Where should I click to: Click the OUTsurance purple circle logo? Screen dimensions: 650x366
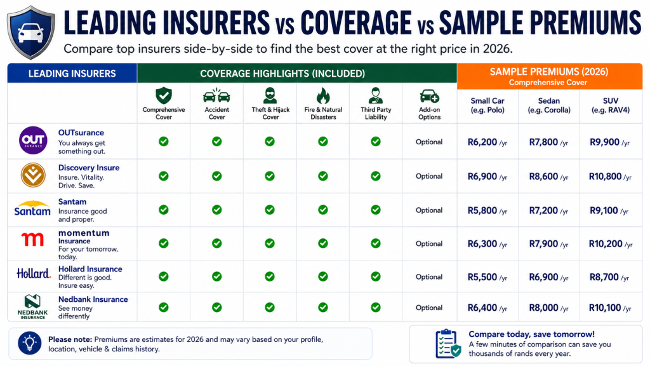(33, 140)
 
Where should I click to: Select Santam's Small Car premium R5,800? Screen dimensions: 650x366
(482, 210)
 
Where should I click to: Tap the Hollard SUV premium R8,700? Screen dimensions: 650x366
(604, 277)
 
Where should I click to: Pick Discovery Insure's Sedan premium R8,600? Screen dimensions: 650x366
(543, 177)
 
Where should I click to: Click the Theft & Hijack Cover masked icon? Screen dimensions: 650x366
(270, 95)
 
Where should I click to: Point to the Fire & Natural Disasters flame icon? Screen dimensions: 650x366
(323, 95)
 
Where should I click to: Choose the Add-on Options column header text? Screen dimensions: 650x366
(430, 113)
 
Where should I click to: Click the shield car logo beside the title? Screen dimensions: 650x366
(31, 32)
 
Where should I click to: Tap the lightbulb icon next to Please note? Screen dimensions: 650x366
(29, 343)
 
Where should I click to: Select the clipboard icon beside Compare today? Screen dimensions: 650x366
(448, 344)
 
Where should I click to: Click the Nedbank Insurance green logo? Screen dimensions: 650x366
(33, 307)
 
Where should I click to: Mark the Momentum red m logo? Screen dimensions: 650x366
(32, 239)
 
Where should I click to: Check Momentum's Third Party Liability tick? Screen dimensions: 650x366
(376, 243)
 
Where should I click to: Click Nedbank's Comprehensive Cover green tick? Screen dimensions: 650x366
(164, 308)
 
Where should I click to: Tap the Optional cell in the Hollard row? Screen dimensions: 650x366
(429, 277)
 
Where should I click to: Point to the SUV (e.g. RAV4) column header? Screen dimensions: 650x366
(611, 105)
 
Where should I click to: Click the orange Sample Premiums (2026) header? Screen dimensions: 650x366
(550, 76)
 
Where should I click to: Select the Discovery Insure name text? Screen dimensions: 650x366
(89, 168)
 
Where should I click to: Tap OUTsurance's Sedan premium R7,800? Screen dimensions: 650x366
(543, 142)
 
